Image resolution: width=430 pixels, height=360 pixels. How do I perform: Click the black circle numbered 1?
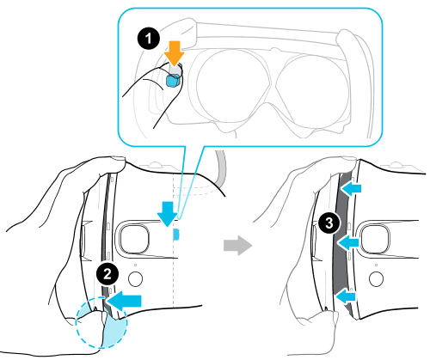149,39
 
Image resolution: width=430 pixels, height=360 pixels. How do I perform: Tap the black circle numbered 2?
107,274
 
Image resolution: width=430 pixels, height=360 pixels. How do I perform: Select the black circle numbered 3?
329,223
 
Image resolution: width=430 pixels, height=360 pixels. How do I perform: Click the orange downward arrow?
175,52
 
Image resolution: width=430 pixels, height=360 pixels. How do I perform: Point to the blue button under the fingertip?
174,80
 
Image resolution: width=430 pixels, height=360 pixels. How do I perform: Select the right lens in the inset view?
314,89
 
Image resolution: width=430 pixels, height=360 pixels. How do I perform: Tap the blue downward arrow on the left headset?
168,214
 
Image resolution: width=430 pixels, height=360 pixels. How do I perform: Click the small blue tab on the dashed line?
175,235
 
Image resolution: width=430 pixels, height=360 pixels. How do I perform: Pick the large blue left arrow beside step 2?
125,301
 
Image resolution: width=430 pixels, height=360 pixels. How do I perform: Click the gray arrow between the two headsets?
237,245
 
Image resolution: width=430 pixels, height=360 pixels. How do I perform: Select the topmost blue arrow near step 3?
352,188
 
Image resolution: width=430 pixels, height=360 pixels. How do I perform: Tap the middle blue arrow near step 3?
348,242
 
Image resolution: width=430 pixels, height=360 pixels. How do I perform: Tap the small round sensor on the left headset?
136,278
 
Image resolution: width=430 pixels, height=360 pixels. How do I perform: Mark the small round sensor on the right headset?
377,278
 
